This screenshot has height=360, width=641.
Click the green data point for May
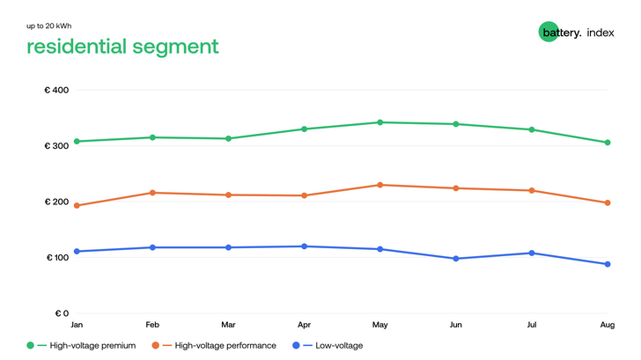(379, 122)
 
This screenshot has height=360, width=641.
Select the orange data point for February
(152, 193)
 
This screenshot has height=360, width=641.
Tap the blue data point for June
(456, 259)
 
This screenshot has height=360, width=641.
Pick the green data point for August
(608, 143)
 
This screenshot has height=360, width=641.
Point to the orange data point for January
(77, 206)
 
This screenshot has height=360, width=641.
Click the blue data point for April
(304, 246)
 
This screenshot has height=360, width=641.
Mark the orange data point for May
(379, 185)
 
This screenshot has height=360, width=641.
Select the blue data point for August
(608, 264)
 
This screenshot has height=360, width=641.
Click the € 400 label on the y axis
(56, 90)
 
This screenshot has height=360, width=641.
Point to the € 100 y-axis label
(57, 257)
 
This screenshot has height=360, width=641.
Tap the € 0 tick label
(62, 313)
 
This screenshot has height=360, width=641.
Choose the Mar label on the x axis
(228, 325)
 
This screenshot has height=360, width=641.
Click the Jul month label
(532, 325)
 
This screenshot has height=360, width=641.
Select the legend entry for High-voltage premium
(81, 346)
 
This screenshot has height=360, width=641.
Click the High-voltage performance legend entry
(214, 346)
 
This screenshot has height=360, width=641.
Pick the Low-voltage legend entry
(328, 346)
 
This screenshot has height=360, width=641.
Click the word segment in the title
(175, 47)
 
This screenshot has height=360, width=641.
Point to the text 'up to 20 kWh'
(49, 26)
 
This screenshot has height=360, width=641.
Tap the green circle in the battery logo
(549, 32)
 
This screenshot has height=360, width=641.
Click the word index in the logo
(600, 33)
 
